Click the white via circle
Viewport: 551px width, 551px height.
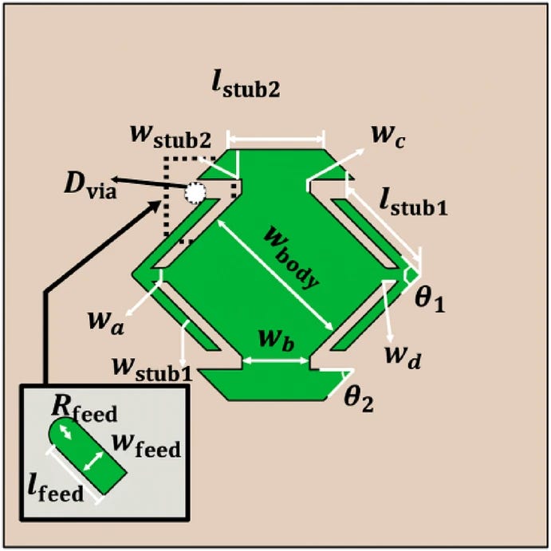tap(195, 192)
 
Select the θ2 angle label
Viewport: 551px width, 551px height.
tap(357, 398)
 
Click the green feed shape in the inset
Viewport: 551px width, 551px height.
tap(89, 459)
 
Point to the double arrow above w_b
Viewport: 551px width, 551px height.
tap(276, 361)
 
